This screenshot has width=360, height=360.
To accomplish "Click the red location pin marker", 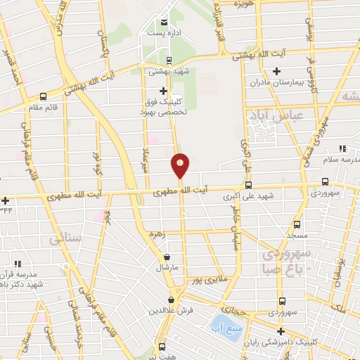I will coord(180,165).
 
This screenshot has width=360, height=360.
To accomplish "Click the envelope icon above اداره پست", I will coord(164,22).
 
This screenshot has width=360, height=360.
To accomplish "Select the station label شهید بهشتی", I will coord(166,71).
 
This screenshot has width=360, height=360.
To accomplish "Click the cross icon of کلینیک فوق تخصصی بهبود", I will coord(164,91).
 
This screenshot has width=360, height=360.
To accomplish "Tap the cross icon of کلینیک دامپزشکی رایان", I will coord(281,331).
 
